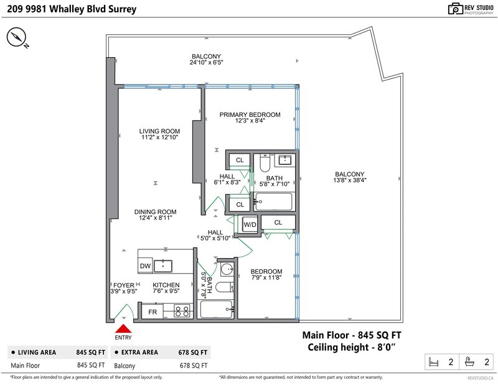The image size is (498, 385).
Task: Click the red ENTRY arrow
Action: tap(123, 328)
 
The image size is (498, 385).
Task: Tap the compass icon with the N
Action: tap(16, 37)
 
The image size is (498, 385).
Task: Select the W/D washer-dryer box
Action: tap(250, 225)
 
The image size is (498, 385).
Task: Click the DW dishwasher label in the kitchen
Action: tap(145, 266)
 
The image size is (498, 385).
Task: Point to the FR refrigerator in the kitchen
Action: tap(153, 312)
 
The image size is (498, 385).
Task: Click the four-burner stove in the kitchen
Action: tap(182, 311)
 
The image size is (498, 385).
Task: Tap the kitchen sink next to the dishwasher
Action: tap(163, 266)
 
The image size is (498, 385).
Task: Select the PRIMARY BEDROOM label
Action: tap(250, 114)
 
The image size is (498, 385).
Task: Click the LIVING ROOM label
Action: tap(159, 131)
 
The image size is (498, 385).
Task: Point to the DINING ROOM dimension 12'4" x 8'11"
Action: tap(155, 218)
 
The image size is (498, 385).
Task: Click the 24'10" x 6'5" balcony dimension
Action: tap(207, 62)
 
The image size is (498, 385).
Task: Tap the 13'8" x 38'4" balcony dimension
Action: tap(350, 180)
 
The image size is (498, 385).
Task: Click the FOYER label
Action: tap(124, 285)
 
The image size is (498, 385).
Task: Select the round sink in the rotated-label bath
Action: tap(227, 269)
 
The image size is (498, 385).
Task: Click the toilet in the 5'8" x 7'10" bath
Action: tap(265, 163)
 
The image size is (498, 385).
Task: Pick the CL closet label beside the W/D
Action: tap(278, 223)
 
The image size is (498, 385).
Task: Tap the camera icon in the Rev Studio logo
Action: tap(456, 9)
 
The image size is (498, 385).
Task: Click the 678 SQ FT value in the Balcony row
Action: tap(194, 365)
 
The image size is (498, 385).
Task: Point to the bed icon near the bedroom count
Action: tap(433, 362)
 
